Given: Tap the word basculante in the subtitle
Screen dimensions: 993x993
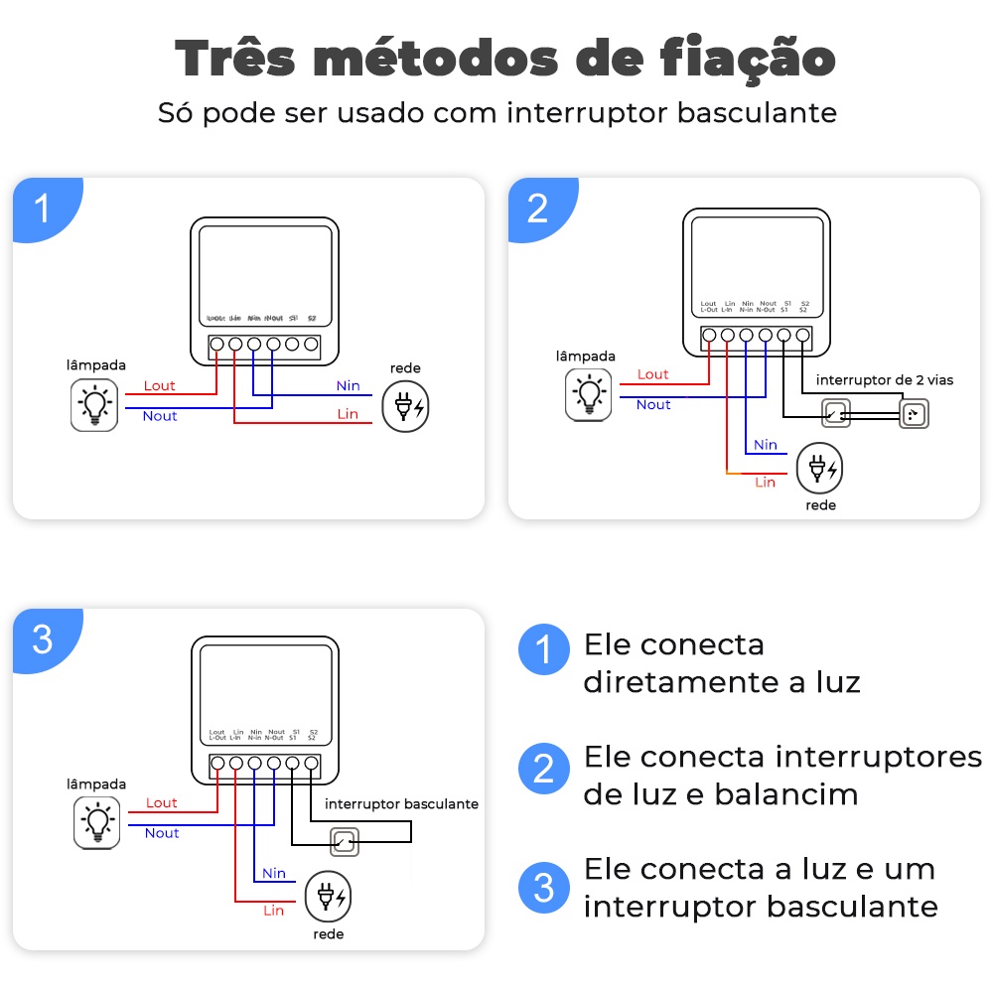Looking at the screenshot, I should click(757, 112).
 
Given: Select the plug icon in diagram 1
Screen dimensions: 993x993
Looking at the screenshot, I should click(408, 406).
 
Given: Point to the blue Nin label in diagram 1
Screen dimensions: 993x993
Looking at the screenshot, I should click(348, 386).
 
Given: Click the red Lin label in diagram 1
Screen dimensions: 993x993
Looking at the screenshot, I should click(348, 414).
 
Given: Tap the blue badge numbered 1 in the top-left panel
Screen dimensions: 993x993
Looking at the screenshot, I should click(43, 210).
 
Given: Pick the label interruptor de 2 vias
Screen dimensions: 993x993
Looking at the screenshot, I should click(885, 380).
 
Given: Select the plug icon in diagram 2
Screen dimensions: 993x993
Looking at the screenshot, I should click(821, 469).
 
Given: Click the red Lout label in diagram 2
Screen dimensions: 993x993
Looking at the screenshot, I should click(653, 374).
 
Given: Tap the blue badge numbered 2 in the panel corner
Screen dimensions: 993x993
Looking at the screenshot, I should click(537, 210).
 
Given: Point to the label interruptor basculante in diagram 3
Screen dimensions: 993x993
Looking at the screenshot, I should click(401, 803).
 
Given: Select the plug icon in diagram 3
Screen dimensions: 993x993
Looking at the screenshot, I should click(329, 898).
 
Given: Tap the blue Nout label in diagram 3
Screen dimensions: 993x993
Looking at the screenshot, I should click(162, 833).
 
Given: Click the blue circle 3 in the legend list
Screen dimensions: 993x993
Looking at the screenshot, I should click(543, 887).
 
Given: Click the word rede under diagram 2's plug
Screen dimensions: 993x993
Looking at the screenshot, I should click(821, 505).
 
